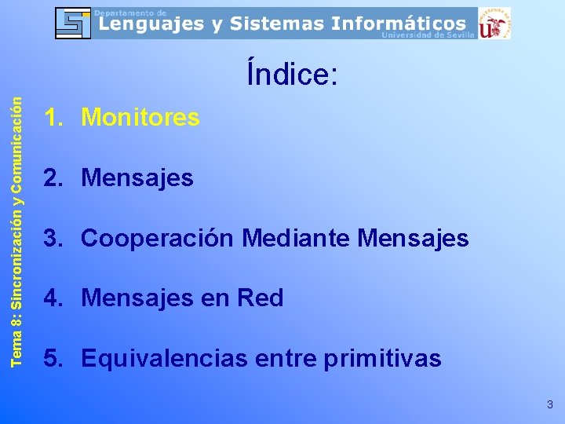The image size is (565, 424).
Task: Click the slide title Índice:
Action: (292, 75)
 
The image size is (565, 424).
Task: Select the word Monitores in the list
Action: (140, 118)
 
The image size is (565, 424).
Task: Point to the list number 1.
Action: (53, 118)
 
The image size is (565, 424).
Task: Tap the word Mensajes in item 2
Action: (137, 178)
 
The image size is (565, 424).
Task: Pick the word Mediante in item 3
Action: (296, 238)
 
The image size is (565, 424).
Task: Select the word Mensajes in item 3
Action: (413, 238)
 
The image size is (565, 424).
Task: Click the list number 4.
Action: (53, 298)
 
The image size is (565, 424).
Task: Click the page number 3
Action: (549, 405)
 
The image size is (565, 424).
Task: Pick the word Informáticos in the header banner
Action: (398, 24)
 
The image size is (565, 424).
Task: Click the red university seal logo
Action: (494, 24)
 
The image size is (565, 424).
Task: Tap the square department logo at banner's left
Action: (73, 24)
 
